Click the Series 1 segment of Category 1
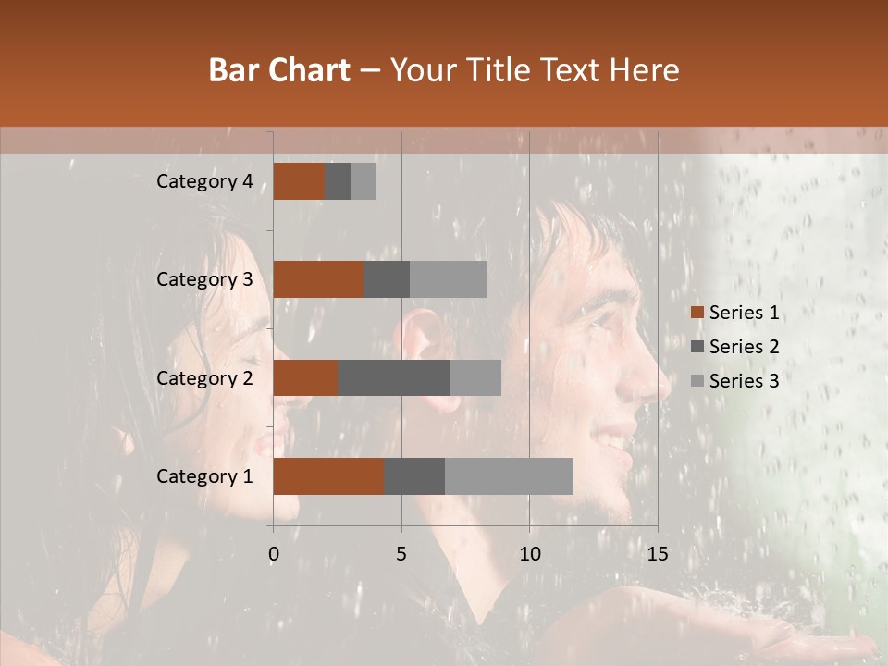point(328,476)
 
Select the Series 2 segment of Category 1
point(414,476)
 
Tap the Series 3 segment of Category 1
point(509,476)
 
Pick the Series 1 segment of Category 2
point(305,377)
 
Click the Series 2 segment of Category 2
point(394,377)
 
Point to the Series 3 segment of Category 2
point(475,377)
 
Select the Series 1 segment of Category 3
point(318,279)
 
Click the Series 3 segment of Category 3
point(448,279)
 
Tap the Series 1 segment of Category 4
point(299,181)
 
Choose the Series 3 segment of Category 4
point(364,181)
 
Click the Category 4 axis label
point(204,181)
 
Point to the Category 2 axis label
point(204,377)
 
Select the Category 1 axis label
point(204,476)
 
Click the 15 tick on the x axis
point(657,554)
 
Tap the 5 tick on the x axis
point(401,554)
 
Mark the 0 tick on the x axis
point(274,554)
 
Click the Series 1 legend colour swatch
point(697,313)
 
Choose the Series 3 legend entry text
point(744,381)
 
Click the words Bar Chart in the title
point(279,70)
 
